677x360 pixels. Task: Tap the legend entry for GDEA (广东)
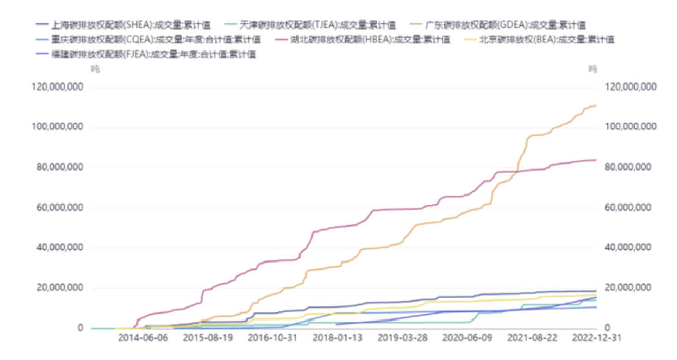pos(504,25)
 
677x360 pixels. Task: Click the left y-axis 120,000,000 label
pos(57,87)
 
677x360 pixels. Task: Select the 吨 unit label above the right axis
pos(593,69)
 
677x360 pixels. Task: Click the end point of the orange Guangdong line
pos(596,105)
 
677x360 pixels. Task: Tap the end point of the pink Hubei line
pos(596,160)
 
